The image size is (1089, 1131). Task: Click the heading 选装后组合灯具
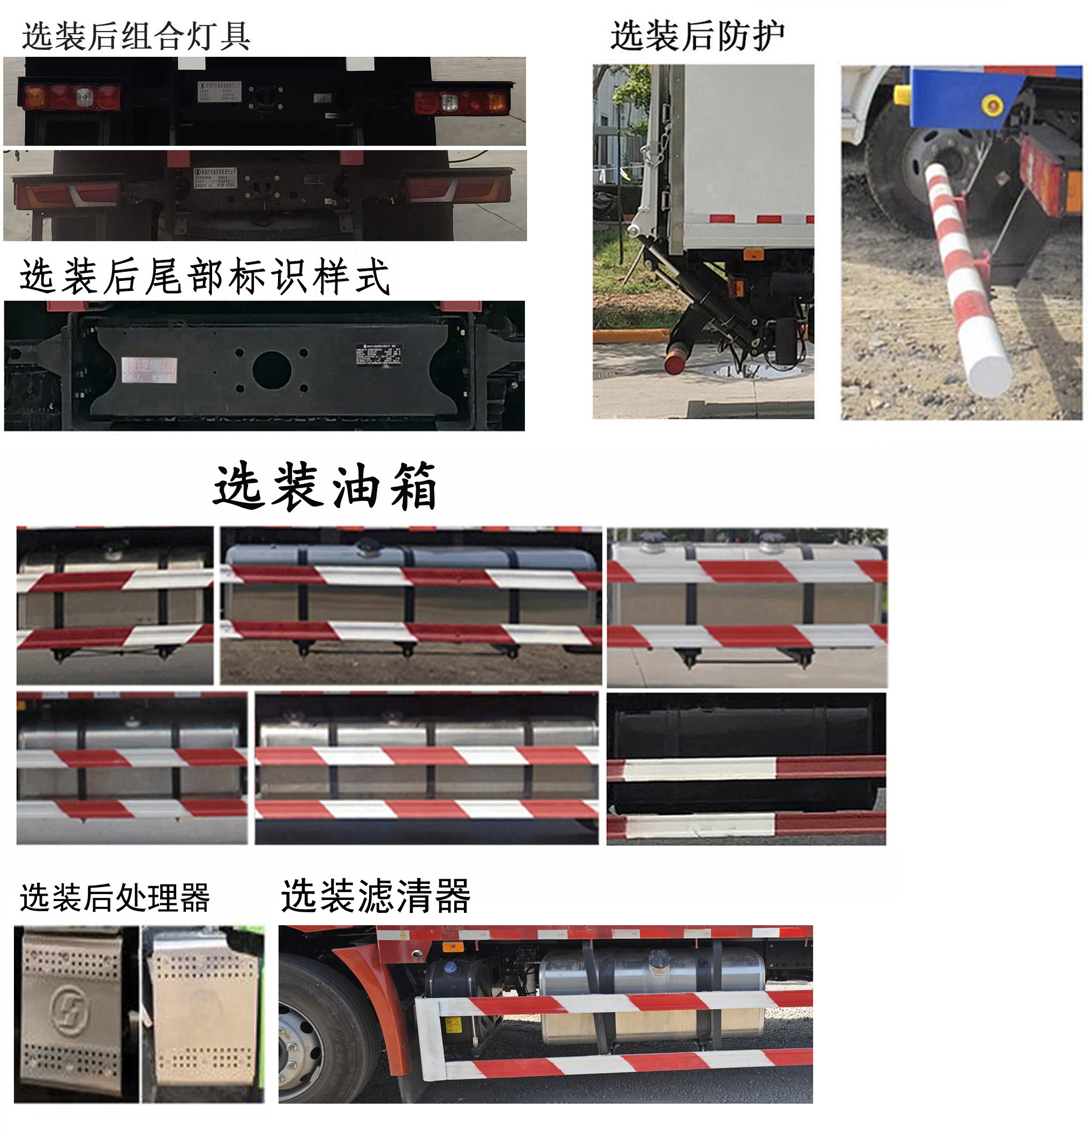136,36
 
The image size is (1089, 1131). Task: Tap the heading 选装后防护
697,36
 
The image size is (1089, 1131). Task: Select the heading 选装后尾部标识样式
205,277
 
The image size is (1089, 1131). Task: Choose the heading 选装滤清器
375,896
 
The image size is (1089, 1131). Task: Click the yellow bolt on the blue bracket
992,105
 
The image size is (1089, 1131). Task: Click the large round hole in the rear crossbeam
271,369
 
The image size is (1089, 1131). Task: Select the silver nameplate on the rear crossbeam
149,369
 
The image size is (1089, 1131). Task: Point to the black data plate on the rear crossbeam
378,354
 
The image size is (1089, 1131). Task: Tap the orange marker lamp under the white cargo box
753,255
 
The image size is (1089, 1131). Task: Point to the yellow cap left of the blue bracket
902,95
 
